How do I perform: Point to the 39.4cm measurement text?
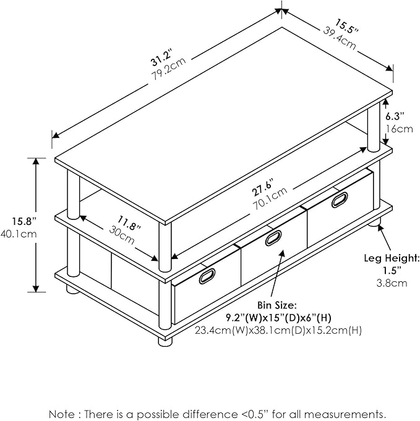tap(338, 37)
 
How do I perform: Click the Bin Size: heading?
tap(276, 305)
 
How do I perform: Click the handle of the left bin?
tap(207, 276)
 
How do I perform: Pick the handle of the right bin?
tap(340, 200)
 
